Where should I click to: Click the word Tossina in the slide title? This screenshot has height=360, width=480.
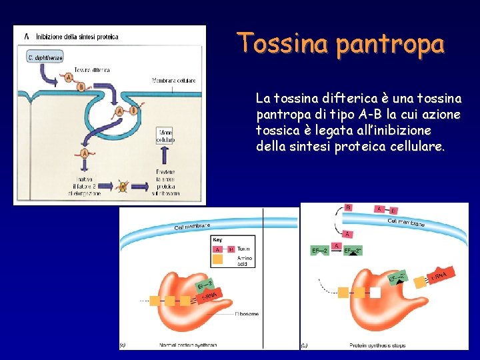tap(283, 43)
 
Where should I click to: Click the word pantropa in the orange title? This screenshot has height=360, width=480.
tap(390, 45)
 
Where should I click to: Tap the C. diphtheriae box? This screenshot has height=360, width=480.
tap(45, 57)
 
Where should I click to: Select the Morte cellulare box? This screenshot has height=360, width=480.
tap(165, 137)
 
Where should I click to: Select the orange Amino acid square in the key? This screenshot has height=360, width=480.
tap(217, 260)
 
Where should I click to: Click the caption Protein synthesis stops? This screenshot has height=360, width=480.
tap(377, 345)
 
